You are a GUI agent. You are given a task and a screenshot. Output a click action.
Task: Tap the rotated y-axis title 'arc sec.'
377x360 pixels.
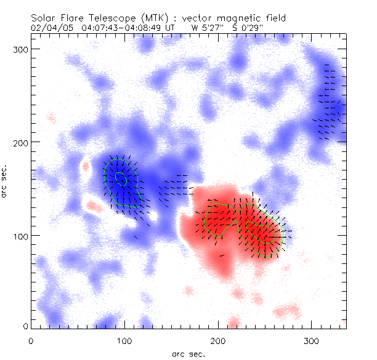point(6,182)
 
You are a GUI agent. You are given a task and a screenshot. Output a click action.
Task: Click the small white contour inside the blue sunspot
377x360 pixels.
point(121,178)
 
